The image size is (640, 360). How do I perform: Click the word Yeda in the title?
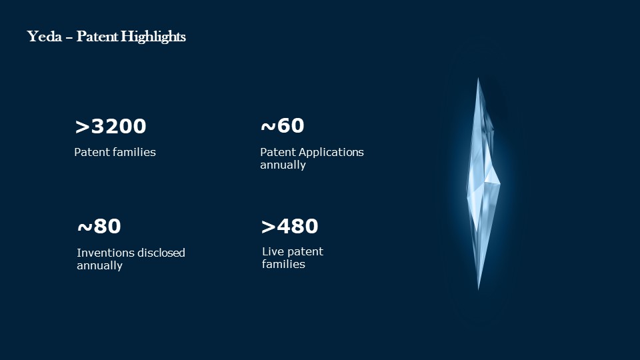(x=45, y=37)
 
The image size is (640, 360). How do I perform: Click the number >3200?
(x=111, y=126)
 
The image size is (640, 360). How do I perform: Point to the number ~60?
(x=283, y=126)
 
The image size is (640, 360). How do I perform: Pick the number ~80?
(x=99, y=227)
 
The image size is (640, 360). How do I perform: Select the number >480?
(x=289, y=227)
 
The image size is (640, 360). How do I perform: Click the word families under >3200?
(x=134, y=152)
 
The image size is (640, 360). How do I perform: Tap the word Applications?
(x=331, y=153)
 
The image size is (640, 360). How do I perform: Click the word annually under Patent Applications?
(x=283, y=165)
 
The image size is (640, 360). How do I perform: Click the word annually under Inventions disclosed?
(x=99, y=266)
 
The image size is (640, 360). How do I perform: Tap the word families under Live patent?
(x=283, y=265)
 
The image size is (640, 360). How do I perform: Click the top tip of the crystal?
(x=478, y=79)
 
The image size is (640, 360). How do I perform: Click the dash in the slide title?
(x=69, y=38)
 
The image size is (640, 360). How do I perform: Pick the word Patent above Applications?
(x=278, y=152)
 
